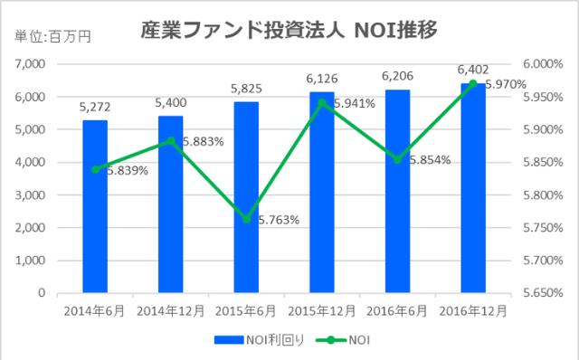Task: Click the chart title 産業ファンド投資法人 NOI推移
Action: [289, 30]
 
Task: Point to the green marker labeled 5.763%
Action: [246, 219]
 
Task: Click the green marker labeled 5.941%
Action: [322, 102]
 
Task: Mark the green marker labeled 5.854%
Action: [397, 159]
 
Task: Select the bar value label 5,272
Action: [95, 107]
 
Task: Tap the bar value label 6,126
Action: [321, 79]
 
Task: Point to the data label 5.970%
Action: [506, 84]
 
